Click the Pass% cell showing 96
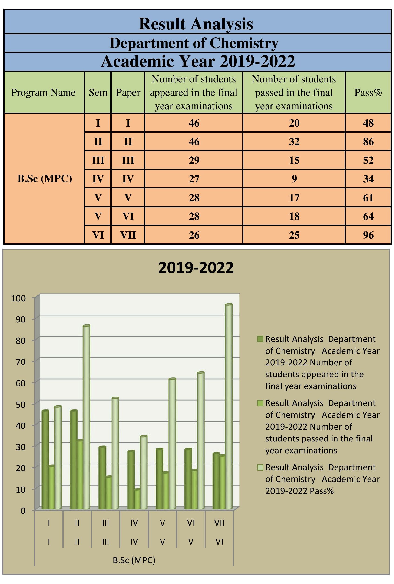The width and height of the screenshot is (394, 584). [x=368, y=235]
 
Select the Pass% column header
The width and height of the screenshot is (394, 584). [x=368, y=92]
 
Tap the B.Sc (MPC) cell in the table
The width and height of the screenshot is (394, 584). [x=44, y=178]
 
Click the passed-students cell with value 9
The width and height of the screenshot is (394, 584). [x=294, y=179]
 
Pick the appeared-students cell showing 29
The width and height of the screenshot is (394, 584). [x=194, y=160]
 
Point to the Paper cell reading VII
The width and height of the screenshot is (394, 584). [x=128, y=235]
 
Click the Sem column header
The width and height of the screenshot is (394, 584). [x=98, y=92]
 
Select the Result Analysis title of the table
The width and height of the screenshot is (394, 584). [x=196, y=24]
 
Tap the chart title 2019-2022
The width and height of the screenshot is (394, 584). [x=196, y=267]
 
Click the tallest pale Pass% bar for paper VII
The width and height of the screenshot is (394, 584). [x=228, y=407]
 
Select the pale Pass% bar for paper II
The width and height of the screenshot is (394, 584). [x=86, y=417]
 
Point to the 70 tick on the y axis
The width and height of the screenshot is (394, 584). [x=21, y=362]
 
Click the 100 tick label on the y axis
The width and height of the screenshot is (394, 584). [x=18, y=298]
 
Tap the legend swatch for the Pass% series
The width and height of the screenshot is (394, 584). [x=260, y=467]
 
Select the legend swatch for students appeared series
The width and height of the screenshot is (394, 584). [x=260, y=339]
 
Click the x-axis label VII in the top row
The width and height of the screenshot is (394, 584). [x=219, y=523]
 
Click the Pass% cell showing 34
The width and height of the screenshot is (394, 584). [x=368, y=179]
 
